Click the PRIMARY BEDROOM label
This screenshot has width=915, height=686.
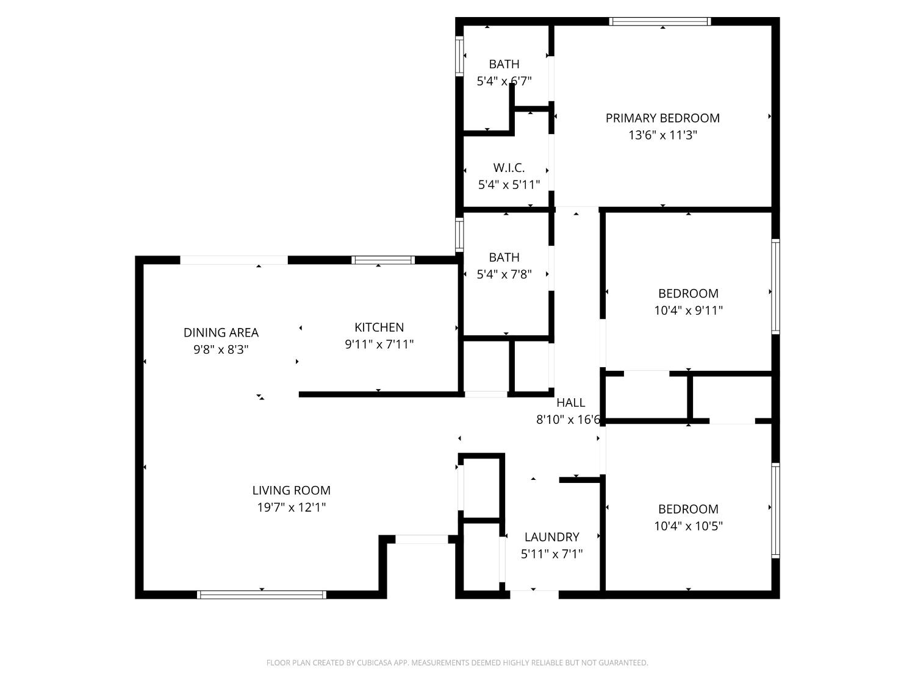coord(662,118)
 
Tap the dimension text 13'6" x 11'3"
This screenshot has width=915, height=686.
coord(662,135)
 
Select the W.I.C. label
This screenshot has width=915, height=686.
coord(509,168)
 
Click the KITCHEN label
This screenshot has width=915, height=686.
coord(379,327)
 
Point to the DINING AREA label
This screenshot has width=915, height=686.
coord(221,332)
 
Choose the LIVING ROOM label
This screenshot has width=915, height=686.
coord(292,490)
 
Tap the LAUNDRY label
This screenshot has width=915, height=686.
coord(551,537)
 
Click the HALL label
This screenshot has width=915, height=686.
coord(570,402)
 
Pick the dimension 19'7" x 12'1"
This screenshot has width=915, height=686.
coord(292,507)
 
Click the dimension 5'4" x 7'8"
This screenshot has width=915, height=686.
coord(504,274)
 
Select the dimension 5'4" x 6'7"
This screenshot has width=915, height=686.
coord(504,80)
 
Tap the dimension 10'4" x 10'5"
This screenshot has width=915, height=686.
coord(688,526)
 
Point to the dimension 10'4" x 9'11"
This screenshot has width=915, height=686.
coord(688,310)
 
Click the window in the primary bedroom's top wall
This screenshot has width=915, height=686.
coord(661,21)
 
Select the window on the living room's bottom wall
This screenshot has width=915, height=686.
coord(262,595)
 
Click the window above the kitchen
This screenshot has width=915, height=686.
coord(383,260)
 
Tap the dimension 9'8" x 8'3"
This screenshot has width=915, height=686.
coord(221,349)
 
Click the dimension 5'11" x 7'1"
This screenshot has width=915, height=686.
coord(551,554)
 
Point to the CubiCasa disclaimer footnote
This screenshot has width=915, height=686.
coord(457,663)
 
